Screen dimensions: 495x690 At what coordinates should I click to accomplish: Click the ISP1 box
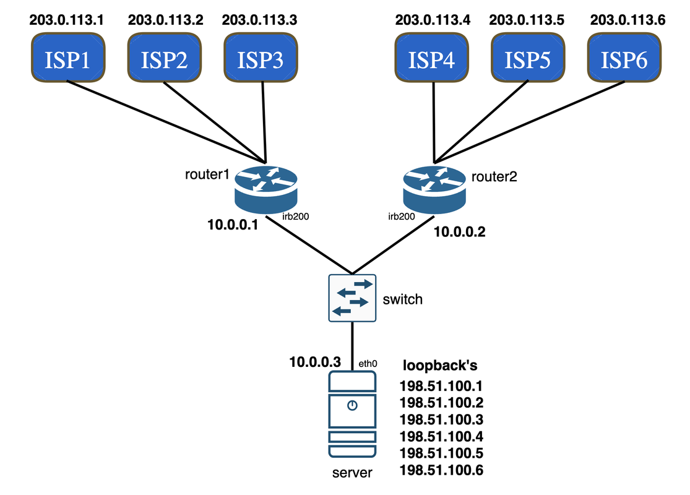click(67, 59)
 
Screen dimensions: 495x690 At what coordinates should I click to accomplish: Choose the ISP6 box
click(625, 59)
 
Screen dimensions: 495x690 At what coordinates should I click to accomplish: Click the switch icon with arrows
click(352, 298)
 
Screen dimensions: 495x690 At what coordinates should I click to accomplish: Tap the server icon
click(352, 413)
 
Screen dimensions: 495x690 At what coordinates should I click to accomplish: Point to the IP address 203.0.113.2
click(166, 19)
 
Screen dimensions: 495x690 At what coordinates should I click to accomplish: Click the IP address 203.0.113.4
click(433, 19)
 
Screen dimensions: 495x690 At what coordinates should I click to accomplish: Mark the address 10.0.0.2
click(459, 232)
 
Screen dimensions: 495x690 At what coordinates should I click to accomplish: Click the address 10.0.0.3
click(315, 361)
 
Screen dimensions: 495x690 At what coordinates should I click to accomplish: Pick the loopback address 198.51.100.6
click(441, 471)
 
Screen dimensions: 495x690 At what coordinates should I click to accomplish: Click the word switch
click(403, 299)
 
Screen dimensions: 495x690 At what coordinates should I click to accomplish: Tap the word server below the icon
click(352, 473)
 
